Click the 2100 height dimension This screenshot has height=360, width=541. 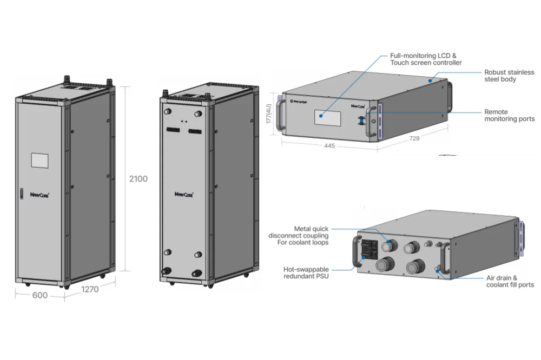point(138,178)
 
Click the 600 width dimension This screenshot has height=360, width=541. point(39,295)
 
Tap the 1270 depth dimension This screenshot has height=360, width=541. point(90,289)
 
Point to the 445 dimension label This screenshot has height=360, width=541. point(329,146)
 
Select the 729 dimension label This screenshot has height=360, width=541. point(414,138)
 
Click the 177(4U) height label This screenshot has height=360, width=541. point(269,114)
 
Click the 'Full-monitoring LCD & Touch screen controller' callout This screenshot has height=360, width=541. point(426,59)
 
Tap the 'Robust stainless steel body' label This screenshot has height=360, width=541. point(509,76)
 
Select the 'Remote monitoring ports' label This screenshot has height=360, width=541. point(509,115)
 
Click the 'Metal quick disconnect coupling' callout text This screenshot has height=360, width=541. point(299,236)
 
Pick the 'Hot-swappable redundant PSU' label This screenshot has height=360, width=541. point(306,273)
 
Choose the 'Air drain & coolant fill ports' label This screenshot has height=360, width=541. point(510,281)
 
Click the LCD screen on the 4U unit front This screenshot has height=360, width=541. point(327,118)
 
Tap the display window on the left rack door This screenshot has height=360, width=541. point(39,161)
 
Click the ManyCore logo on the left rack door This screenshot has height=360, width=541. point(39,195)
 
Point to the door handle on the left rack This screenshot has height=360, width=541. point(22,194)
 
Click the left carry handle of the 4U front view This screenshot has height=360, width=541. point(280,116)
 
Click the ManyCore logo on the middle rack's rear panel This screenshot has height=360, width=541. point(184,195)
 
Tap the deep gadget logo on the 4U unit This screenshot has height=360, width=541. point(299,102)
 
